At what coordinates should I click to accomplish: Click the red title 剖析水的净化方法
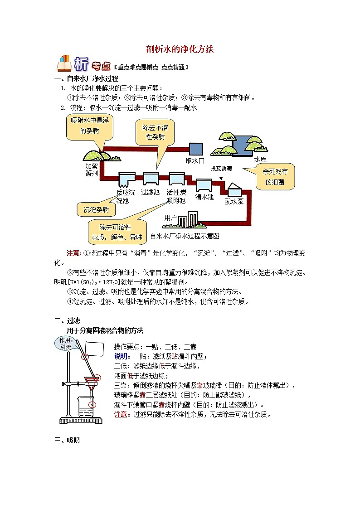[180, 49]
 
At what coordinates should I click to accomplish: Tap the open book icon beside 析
[64, 63]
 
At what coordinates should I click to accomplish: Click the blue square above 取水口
[196, 149]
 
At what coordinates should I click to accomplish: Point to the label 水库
[260, 160]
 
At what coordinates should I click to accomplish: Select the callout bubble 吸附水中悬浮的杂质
[90, 127]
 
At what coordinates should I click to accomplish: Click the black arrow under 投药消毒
[221, 175]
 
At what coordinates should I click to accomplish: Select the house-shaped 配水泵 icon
[234, 189]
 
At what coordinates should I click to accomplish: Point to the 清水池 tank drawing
[204, 185]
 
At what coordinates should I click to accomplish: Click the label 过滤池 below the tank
[150, 192]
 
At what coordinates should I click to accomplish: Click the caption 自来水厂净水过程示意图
[185, 236]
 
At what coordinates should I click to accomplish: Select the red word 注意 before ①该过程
[73, 253]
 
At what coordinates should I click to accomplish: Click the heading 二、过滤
[67, 321]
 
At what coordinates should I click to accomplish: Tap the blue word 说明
[121, 356]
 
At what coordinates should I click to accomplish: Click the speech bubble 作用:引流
[66, 344]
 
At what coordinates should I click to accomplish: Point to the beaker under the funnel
[86, 407]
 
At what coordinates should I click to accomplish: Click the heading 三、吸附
[67, 441]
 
